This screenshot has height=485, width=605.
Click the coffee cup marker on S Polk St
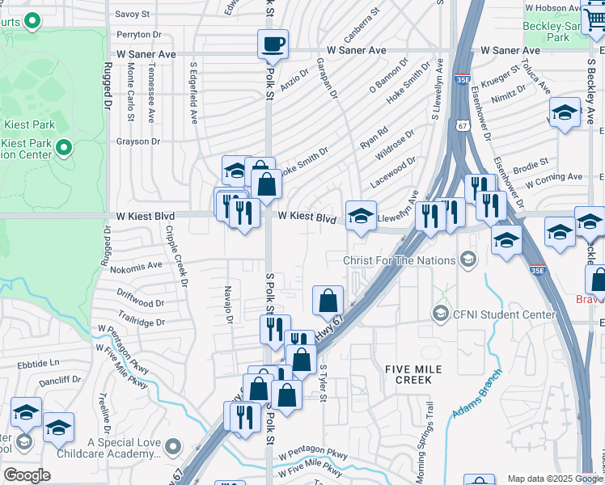[x=273, y=44]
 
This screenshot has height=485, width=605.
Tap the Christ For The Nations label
[x=399, y=260]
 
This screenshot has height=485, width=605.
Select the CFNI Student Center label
[x=494, y=314]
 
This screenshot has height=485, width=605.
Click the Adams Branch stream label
[x=478, y=394]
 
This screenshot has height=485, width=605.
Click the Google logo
[x=27, y=475]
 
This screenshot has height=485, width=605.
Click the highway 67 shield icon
[x=460, y=125]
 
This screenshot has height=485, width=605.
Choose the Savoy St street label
[x=133, y=14]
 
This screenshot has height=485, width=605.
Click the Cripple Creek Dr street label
[x=177, y=256]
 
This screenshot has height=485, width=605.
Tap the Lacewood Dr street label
[x=394, y=171]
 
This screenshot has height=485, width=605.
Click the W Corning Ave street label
[x=553, y=176]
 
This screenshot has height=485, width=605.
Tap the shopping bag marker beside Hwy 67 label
[x=328, y=300]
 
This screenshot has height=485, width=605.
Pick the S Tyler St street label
[x=322, y=384]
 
